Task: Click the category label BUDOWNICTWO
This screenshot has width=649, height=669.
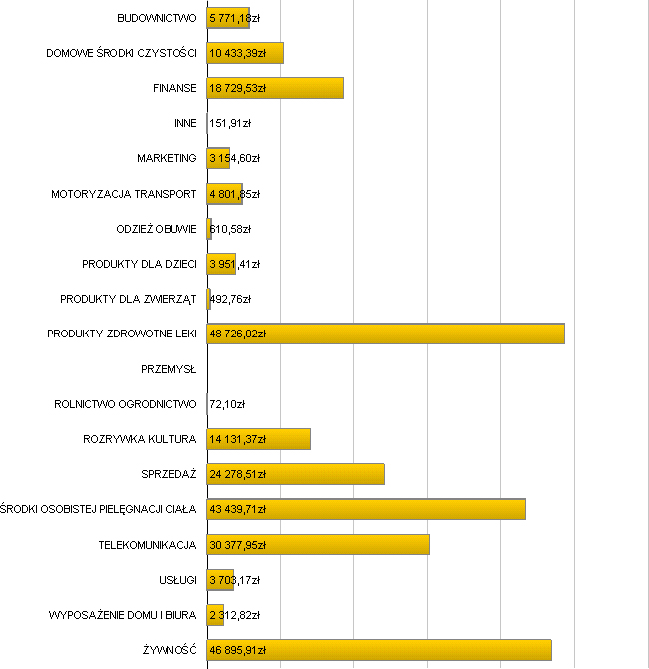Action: [x=156, y=18]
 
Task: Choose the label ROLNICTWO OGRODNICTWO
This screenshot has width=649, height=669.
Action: [x=125, y=404]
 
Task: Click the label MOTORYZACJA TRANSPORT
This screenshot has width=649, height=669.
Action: [x=123, y=194]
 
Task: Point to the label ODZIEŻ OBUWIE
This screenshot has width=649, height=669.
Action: [x=156, y=229]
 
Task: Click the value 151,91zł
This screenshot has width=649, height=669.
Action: [x=230, y=123]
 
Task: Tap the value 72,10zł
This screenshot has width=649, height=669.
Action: [x=227, y=404]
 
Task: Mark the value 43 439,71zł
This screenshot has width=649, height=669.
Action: [x=238, y=509]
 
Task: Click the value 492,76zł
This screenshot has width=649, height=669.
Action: [x=230, y=299]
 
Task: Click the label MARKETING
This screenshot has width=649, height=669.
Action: [x=167, y=158]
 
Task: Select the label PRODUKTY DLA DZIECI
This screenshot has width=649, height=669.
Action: [x=139, y=264]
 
